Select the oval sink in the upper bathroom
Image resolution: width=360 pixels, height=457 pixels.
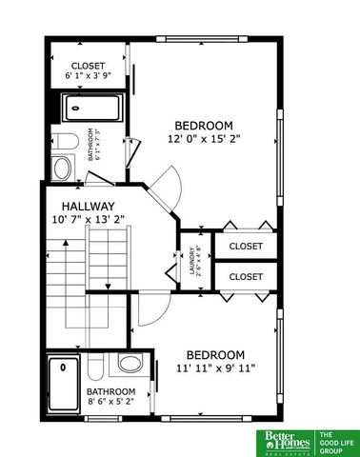62,169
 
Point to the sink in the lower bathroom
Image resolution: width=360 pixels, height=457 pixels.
130,364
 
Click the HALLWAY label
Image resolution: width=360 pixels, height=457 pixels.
89,206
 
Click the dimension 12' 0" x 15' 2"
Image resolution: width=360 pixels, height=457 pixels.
204,139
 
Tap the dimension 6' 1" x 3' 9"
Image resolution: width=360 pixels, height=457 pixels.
88,75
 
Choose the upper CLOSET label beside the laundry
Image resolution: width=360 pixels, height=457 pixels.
246,246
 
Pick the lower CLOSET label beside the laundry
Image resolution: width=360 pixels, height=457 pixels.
246,276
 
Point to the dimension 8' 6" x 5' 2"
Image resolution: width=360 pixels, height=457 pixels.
110,403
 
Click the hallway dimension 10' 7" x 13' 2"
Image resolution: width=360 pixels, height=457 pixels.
89,219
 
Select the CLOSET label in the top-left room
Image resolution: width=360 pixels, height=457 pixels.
88,65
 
